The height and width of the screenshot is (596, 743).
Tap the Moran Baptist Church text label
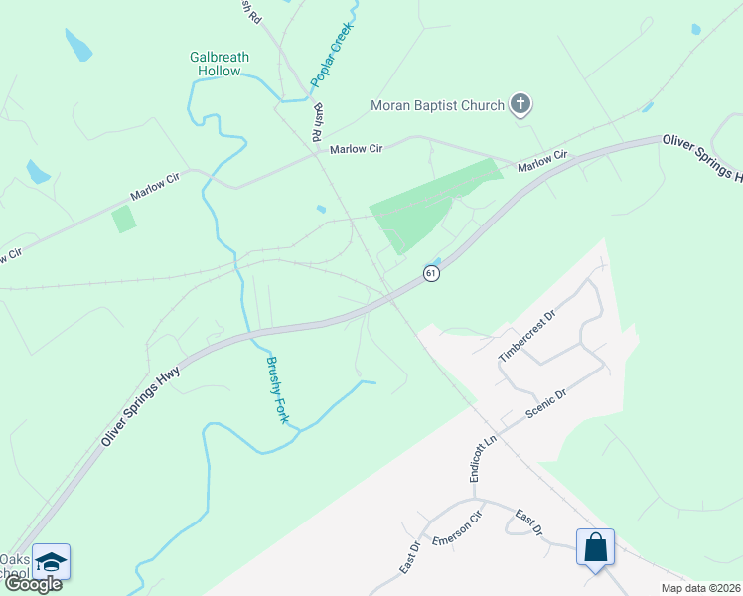click(437, 104)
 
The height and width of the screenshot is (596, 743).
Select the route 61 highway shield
click(431, 272)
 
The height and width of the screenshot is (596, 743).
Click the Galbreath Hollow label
click(216, 65)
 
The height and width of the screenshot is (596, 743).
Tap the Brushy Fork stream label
click(277, 390)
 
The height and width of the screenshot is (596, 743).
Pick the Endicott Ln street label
click(482, 458)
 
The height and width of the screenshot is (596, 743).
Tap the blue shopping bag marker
click(595, 548)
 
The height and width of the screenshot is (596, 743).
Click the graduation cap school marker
click(51, 562)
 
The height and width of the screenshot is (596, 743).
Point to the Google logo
click(33, 584)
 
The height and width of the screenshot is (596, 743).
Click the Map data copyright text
click(701, 587)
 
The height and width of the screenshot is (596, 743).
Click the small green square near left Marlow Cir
click(123, 219)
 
